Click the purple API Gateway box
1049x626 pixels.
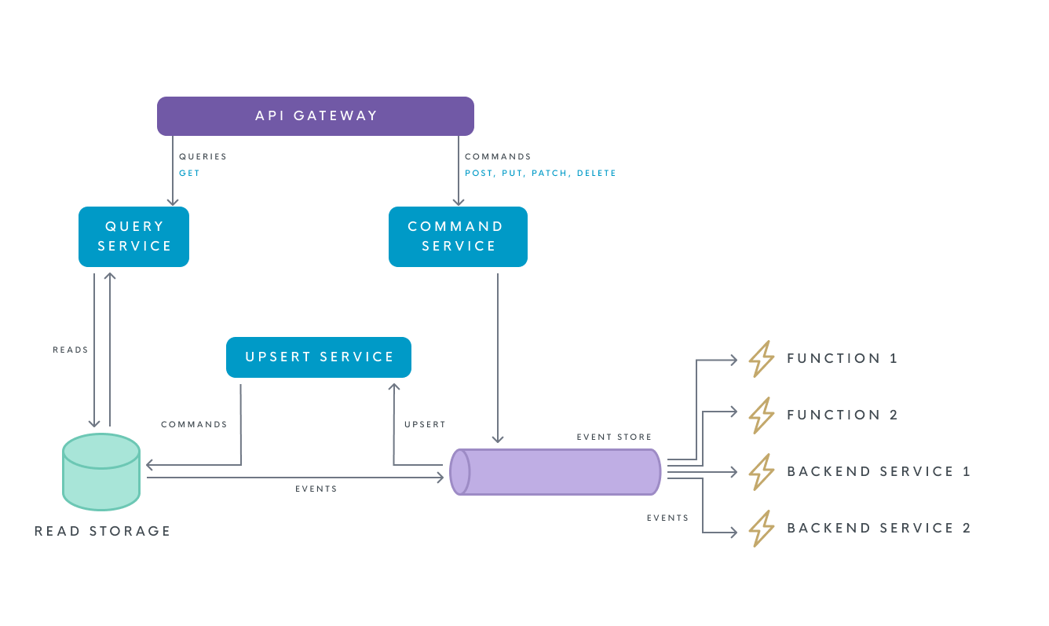point(316,116)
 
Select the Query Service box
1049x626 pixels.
point(134,236)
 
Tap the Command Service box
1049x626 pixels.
point(458,236)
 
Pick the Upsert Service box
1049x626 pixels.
point(319,357)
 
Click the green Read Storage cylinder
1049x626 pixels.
point(101,471)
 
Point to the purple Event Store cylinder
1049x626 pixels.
point(556,472)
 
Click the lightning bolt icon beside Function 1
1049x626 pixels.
point(761,359)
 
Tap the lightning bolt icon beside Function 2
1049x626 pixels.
point(761,416)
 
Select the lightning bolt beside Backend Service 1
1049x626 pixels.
point(761,472)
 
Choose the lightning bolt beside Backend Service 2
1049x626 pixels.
point(761,529)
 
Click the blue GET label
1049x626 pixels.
point(189,173)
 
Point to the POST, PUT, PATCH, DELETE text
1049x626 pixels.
point(540,173)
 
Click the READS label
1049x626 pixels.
point(71,350)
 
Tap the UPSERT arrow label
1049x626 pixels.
point(425,424)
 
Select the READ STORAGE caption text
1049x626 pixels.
point(103,531)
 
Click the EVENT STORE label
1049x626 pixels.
point(614,437)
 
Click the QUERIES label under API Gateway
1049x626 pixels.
point(203,156)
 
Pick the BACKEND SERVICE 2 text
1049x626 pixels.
point(879,528)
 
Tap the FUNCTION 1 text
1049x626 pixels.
point(842,358)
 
